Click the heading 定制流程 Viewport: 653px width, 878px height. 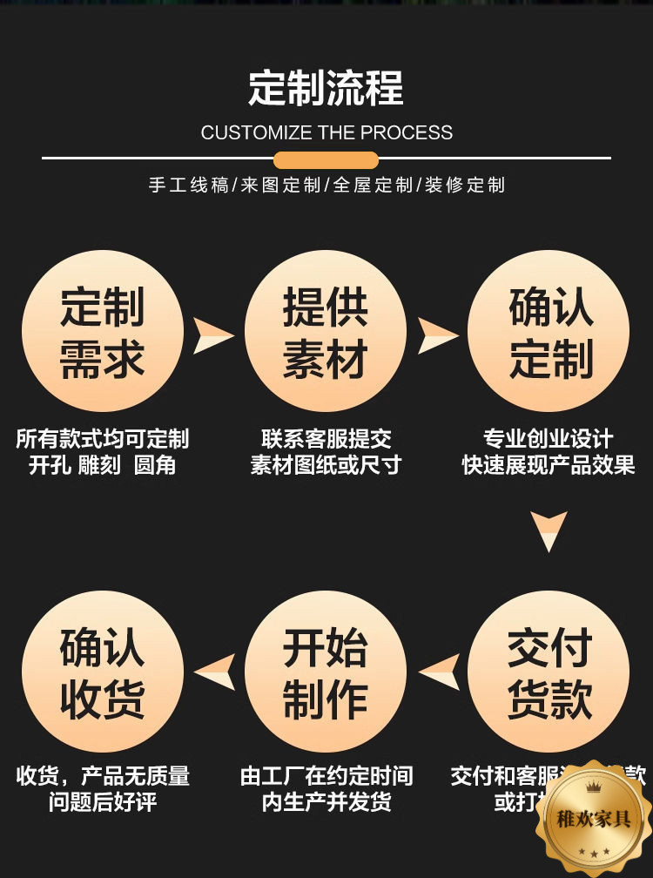326,89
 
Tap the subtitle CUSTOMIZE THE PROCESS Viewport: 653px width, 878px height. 326,133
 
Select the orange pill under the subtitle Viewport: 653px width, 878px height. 326,160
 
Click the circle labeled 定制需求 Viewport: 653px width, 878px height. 103,332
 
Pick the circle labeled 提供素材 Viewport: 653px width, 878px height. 326,332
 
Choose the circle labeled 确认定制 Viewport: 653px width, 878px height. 549,332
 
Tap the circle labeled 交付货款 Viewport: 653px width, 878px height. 549,672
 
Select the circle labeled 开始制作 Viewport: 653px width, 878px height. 326,672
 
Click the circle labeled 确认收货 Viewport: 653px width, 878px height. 103,672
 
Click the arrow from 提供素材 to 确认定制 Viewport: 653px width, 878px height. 436,335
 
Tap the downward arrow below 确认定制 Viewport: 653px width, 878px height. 549,530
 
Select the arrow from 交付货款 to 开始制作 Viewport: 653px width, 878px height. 441,672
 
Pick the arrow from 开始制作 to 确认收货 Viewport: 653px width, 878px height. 216,672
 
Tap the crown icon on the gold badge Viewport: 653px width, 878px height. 594,788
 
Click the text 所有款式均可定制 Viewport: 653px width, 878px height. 103,438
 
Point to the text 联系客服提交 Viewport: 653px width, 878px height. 326,438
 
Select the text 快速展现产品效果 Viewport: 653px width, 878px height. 549,464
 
